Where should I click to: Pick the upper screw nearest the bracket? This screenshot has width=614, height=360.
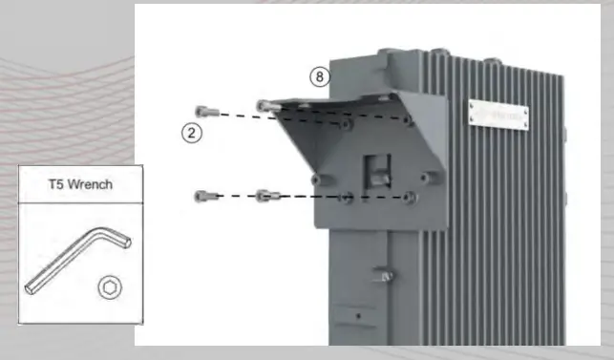tap(265, 105)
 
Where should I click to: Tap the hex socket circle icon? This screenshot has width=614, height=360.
tap(109, 286)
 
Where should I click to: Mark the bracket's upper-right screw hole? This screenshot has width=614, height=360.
tap(409, 121)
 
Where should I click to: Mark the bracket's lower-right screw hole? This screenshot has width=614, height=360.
tap(409, 196)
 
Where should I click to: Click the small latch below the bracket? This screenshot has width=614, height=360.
tap(385, 277)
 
